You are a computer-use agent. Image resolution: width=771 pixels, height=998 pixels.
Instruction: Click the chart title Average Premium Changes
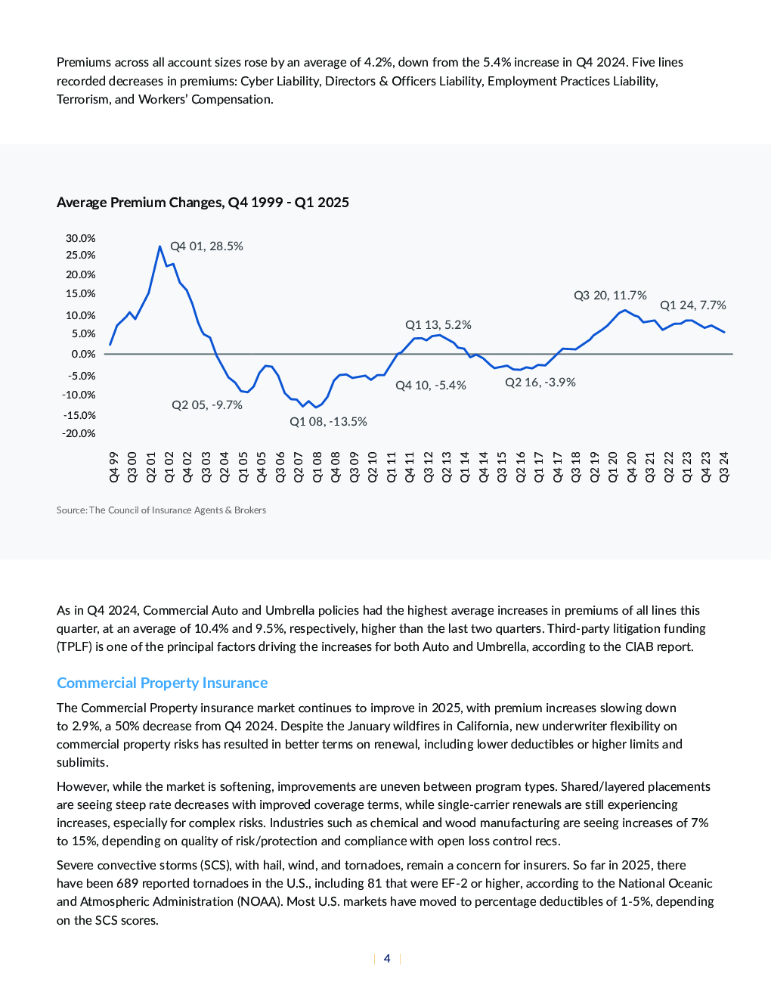pyautogui.click(x=203, y=203)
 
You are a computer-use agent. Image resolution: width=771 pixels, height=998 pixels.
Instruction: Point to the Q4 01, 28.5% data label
pyautogui.click(x=206, y=246)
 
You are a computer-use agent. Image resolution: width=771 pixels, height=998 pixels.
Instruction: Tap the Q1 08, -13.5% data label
pyautogui.click(x=328, y=422)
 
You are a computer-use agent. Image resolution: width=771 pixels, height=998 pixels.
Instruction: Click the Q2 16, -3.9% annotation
pyautogui.click(x=540, y=382)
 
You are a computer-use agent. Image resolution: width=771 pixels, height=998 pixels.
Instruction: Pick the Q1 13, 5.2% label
pyautogui.click(x=438, y=324)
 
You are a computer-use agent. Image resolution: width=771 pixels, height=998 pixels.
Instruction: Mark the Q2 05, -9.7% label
pyautogui.click(x=207, y=404)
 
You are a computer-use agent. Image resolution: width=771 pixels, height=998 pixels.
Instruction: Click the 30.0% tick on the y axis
pyautogui.click(x=80, y=238)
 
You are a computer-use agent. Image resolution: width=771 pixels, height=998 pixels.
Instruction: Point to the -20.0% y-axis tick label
pyautogui.click(x=79, y=433)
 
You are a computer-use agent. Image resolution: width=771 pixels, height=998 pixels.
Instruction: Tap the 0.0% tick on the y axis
pyautogui.click(x=84, y=354)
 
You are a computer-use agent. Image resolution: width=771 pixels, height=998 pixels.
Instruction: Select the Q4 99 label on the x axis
pyautogui.click(x=114, y=466)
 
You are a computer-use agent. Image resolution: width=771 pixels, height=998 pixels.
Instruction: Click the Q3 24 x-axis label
pyautogui.click(x=724, y=466)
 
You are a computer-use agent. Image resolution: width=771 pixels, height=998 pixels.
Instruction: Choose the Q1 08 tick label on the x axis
pyautogui.click(x=317, y=466)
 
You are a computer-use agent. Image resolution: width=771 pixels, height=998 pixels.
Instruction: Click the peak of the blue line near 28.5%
pyautogui.click(x=159, y=246)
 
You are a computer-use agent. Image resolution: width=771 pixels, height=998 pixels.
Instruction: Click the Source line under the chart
pyautogui.click(x=161, y=510)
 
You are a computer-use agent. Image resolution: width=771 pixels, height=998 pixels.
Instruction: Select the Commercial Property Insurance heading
pyautogui.click(x=162, y=683)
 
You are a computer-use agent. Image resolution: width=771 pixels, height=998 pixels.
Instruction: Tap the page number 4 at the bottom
pyautogui.click(x=387, y=959)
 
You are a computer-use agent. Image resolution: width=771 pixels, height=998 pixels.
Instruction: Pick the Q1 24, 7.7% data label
pyautogui.click(x=693, y=305)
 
